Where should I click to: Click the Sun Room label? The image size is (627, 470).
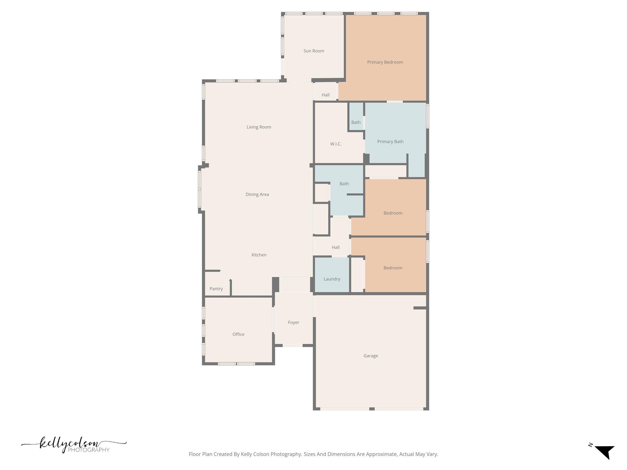tap(313, 51)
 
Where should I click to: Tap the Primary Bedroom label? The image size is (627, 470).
tap(385, 62)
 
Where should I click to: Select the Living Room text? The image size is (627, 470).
tap(259, 127)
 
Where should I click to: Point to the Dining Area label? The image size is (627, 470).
tap(257, 194)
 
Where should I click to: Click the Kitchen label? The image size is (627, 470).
tap(259, 255)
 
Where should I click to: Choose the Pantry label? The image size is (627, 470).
tap(216, 289)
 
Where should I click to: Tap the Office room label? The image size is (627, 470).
tap(238, 334)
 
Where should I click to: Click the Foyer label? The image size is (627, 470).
tap(293, 322)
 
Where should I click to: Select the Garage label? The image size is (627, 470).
tap(370, 356)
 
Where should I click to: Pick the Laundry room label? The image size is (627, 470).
tap(332, 279)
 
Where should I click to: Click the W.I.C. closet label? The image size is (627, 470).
tap(336, 144)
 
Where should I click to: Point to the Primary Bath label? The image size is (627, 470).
tap(390, 141)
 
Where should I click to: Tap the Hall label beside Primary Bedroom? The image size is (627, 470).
tap(325, 95)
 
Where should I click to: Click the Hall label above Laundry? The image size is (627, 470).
tap(336, 247)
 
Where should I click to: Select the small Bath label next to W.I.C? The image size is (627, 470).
tap(356, 122)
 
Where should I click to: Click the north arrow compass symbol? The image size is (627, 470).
tap(604, 452)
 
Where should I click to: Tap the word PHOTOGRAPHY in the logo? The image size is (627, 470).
tap(88, 450)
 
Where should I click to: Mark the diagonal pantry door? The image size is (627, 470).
tap(225, 275)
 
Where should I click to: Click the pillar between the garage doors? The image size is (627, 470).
tap(372, 409)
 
